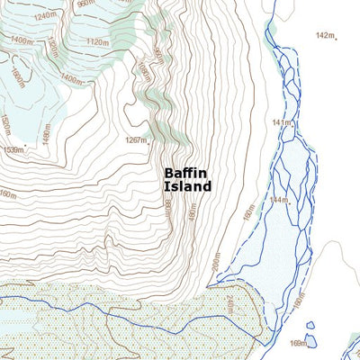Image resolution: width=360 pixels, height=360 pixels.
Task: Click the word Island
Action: pos(187,186)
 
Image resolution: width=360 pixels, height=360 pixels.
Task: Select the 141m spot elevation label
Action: pos(282,121)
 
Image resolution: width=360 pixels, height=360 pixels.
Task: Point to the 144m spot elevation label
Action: pos(278,200)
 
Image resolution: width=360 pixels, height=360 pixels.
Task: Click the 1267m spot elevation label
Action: pos(136,140)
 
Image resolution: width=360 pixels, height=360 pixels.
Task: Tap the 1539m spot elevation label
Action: pos(13,149)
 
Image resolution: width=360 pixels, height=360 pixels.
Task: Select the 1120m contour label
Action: pos(97,41)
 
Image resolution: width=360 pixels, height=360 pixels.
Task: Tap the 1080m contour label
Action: pos(141,71)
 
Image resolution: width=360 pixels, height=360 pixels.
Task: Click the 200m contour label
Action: pos(216,263)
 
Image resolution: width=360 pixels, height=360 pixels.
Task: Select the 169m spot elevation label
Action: pos(296,343)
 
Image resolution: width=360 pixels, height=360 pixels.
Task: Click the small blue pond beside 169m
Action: pos(310,340)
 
